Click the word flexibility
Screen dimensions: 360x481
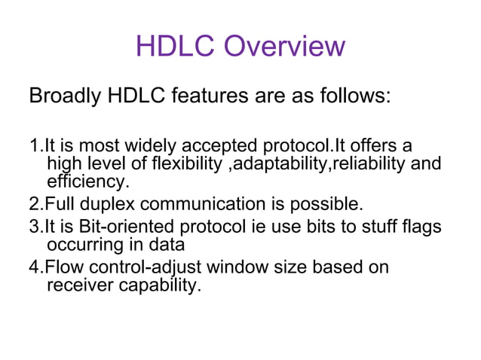185,163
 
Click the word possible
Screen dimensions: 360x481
329,204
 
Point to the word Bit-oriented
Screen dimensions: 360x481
109,227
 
